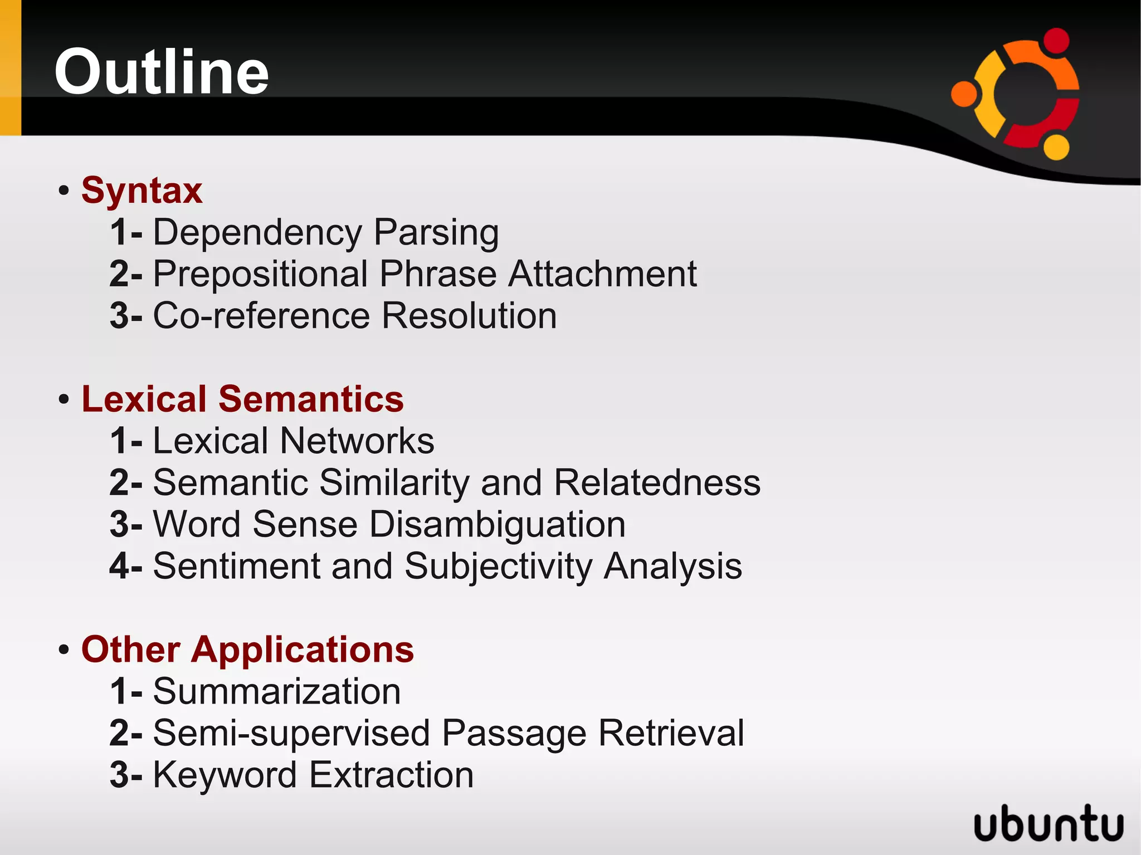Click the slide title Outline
coord(162,72)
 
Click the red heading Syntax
coord(142,190)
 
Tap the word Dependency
coord(257,232)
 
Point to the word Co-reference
coord(261,316)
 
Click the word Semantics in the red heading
coord(311,399)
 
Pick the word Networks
coord(357,441)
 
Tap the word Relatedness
coord(657,482)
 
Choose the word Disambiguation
coord(497,525)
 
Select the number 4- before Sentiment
coord(126,566)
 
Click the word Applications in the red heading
coord(303,649)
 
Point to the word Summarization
coord(277,691)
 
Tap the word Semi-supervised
coord(291,733)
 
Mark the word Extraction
coord(391,775)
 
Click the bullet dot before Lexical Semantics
coord(64,399)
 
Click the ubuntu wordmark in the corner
coord(1049,823)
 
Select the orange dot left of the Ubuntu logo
coord(964,94)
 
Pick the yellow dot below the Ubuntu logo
coord(1056,147)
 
